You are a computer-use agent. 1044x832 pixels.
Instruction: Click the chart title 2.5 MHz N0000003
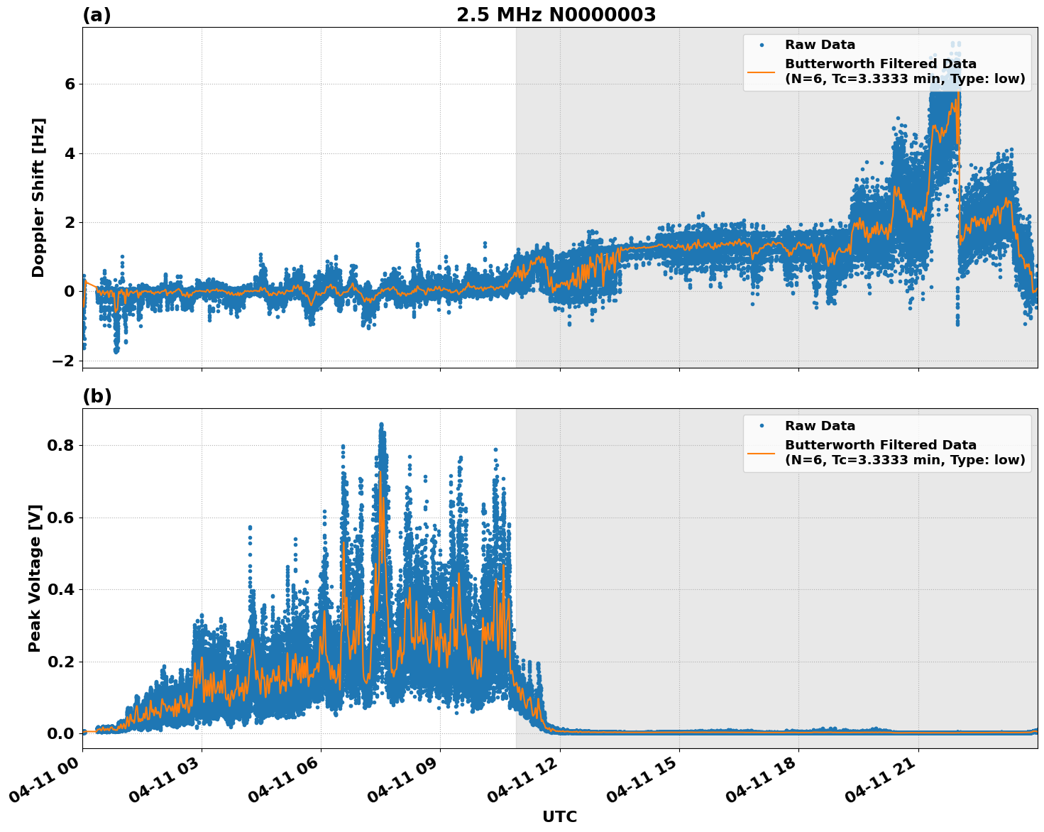coord(556,15)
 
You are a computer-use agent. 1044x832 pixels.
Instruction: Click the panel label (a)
coord(97,15)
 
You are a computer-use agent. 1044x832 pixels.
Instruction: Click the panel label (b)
coord(97,396)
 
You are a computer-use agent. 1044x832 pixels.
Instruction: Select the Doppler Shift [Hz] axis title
coord(38,197)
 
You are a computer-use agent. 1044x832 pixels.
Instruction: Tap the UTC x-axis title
coord(559,816)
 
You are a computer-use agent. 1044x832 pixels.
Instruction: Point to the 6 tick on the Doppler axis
coord(70,84)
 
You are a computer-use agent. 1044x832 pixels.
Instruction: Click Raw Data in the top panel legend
coord(820,45)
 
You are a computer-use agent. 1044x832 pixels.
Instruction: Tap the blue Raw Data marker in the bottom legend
coord(762,426)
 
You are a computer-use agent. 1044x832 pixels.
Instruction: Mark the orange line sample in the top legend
coord(762,71)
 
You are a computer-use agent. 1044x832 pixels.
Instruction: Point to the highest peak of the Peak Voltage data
coord(381,425)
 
